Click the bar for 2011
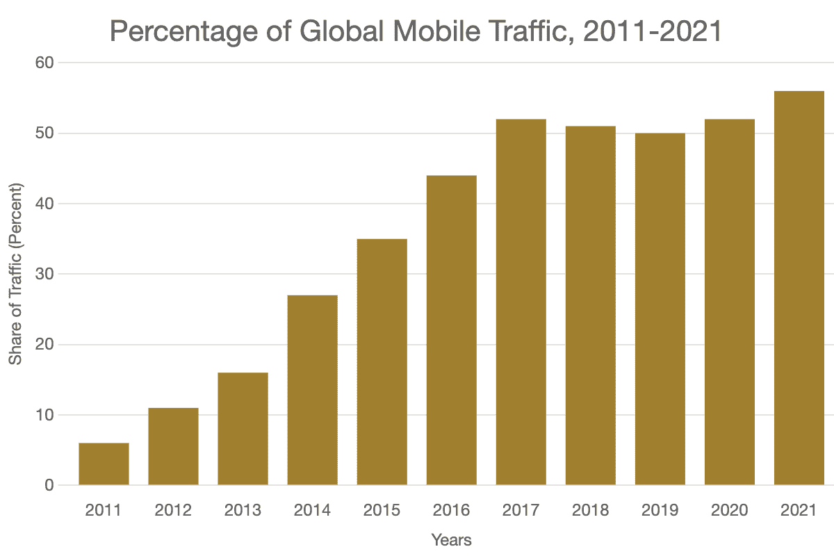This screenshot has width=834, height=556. coord(104,464)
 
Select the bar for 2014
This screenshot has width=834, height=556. coord(312,390)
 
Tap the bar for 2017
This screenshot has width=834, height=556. coord(521,302)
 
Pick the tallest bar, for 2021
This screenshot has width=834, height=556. coord(799,288)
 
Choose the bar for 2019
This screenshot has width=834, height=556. coord(660,309)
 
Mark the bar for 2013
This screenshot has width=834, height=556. coord(243,429)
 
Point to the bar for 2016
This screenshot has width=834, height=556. coord(451,330)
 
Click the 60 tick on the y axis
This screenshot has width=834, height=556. coord(45,63)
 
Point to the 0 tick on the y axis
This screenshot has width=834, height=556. coord(49,485)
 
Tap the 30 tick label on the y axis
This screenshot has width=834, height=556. coord(45,274)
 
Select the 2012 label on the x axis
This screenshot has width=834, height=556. coord(173,511)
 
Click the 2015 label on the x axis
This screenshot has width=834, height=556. coord(382,511)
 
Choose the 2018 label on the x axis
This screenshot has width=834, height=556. coord(590,511)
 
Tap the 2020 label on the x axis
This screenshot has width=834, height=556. coord(729,511)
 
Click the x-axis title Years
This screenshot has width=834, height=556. coord(451,540)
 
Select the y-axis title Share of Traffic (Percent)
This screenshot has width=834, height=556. coord(15,274)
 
